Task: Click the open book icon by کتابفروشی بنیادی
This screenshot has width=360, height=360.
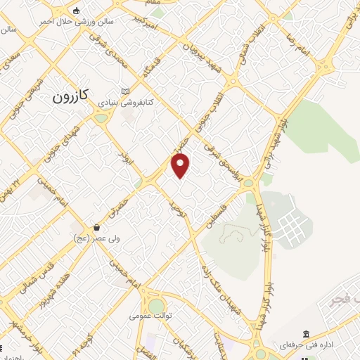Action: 125,92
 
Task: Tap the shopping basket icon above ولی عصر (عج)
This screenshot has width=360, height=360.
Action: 96,227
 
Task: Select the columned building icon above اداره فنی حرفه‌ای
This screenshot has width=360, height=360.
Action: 306,334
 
